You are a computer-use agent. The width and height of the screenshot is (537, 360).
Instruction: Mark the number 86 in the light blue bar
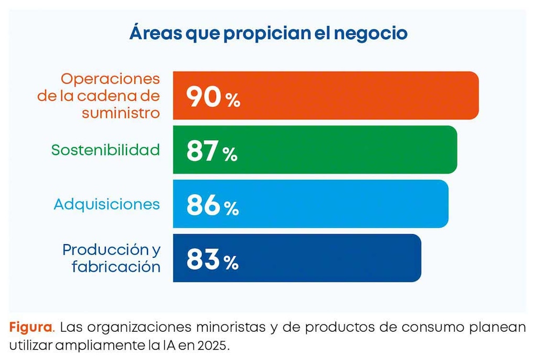203,205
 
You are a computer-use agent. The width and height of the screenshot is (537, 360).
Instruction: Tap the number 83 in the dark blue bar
203,260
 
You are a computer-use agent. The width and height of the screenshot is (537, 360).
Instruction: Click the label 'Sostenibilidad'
105,150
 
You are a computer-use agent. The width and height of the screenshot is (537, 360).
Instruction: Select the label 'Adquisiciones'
106,204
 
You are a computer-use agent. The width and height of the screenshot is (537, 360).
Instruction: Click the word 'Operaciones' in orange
110,80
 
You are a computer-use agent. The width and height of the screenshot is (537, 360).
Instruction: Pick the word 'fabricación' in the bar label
116,266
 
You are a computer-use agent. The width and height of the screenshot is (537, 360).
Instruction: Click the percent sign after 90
233,101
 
